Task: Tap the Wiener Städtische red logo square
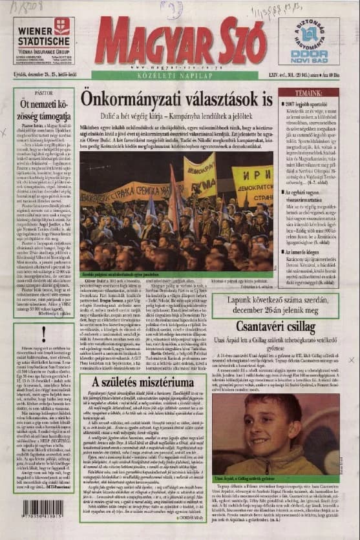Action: point(62,26)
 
